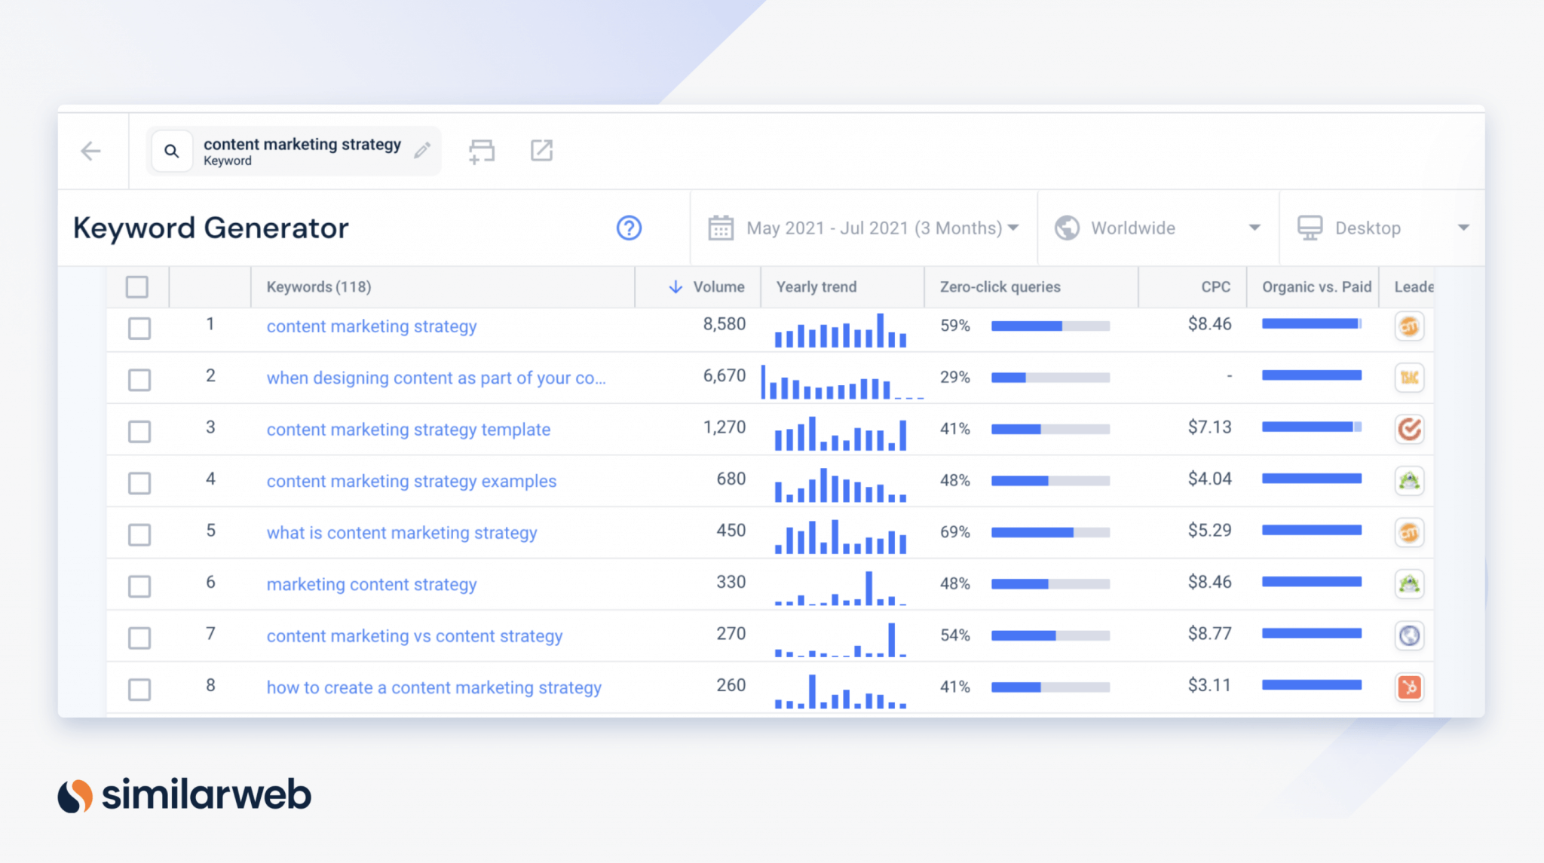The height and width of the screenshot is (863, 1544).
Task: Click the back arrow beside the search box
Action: pos(90,151)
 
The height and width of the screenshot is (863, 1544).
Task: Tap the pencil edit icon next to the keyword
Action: pos(422,151)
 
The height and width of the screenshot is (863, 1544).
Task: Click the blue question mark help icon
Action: pos(629,228)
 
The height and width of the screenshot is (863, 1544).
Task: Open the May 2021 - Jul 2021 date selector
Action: pos(863,228)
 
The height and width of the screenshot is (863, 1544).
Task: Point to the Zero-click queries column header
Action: pos(1000,287)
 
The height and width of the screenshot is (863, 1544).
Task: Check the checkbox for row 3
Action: pos(139,431)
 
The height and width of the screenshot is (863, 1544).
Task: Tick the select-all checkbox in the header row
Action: pos(137,287)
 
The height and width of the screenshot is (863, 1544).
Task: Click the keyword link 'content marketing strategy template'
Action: pos(409,430)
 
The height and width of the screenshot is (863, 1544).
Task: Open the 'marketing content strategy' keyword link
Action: pos(372,585)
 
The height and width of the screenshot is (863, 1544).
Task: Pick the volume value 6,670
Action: pos(725,376)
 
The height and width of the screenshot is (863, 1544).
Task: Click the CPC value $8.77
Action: pos(1209,634)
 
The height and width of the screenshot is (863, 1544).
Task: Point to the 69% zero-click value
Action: pos(955,532)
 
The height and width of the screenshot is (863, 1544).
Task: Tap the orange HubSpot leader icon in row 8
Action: pos(1409,687)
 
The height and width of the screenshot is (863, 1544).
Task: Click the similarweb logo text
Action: pos(207,794)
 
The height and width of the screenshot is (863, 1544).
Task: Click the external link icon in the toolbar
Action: pos(541,151)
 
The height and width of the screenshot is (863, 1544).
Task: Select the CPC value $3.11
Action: pos(1209,685)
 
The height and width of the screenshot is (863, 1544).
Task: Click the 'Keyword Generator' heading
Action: pos(211,228)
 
